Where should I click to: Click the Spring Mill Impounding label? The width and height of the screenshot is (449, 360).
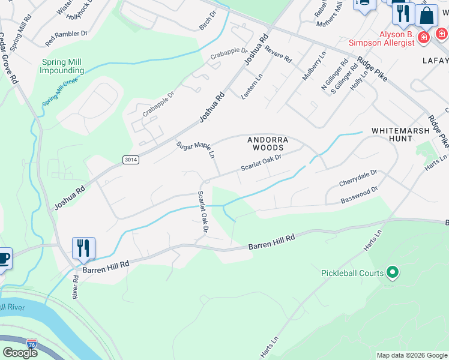click(62, 66)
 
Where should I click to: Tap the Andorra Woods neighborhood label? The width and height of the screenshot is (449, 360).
click(268, 143)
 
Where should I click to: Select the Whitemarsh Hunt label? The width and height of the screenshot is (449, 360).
click(400, 134)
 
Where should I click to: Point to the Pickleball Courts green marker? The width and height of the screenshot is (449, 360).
click(393, 273)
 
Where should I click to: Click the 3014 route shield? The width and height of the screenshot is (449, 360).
click(130, 160)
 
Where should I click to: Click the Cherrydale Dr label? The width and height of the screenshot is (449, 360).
click(358, 177)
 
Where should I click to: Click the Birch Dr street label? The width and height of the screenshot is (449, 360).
click(207, 20)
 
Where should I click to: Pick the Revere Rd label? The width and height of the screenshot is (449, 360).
click(278, 55)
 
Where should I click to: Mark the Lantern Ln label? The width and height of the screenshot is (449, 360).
click(252, 86)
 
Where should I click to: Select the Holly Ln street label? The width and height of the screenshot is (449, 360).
click(361, 79)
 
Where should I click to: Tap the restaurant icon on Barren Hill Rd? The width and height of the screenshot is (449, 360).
click(83, 248)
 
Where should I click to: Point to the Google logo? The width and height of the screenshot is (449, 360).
click(20, 352)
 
